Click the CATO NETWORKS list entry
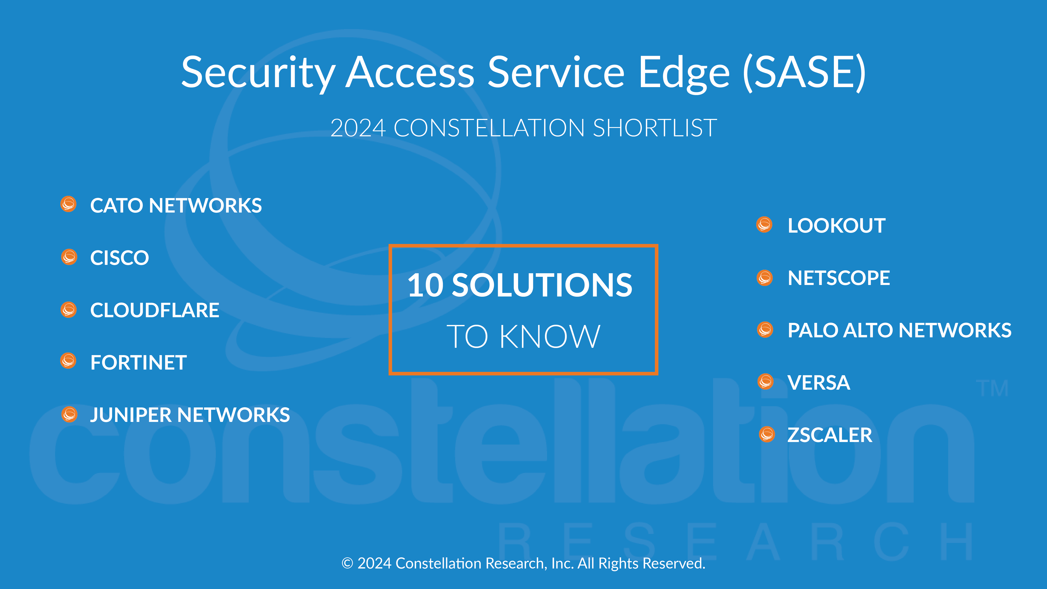[x=176, y=205]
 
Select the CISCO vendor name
[x=120, y=258]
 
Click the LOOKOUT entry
[x=836, y=226]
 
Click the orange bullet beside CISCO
[x=69, y=257]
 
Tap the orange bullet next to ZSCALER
[x=767, y=434]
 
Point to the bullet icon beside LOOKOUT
[x=764, y=224]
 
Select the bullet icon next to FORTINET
[x=68, y=361]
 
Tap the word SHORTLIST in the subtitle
[x=655, y=128]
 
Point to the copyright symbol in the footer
[x=347, y=563]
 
